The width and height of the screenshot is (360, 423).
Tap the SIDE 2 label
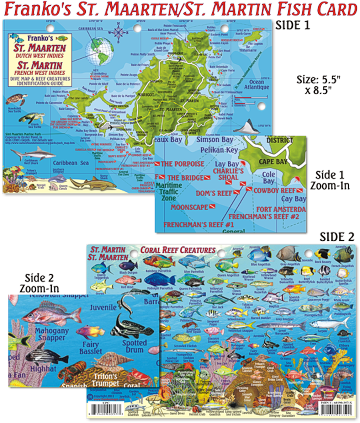pos(337,236)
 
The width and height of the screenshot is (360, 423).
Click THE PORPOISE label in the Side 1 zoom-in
pos(182,164)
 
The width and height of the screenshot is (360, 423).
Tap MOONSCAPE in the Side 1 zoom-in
pos(189,207)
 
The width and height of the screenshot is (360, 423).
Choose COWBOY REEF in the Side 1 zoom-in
pos(274,191)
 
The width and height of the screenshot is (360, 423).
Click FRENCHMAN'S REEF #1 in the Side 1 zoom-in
pos(198,225)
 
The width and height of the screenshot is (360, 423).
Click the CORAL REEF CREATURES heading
pos(178,250)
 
